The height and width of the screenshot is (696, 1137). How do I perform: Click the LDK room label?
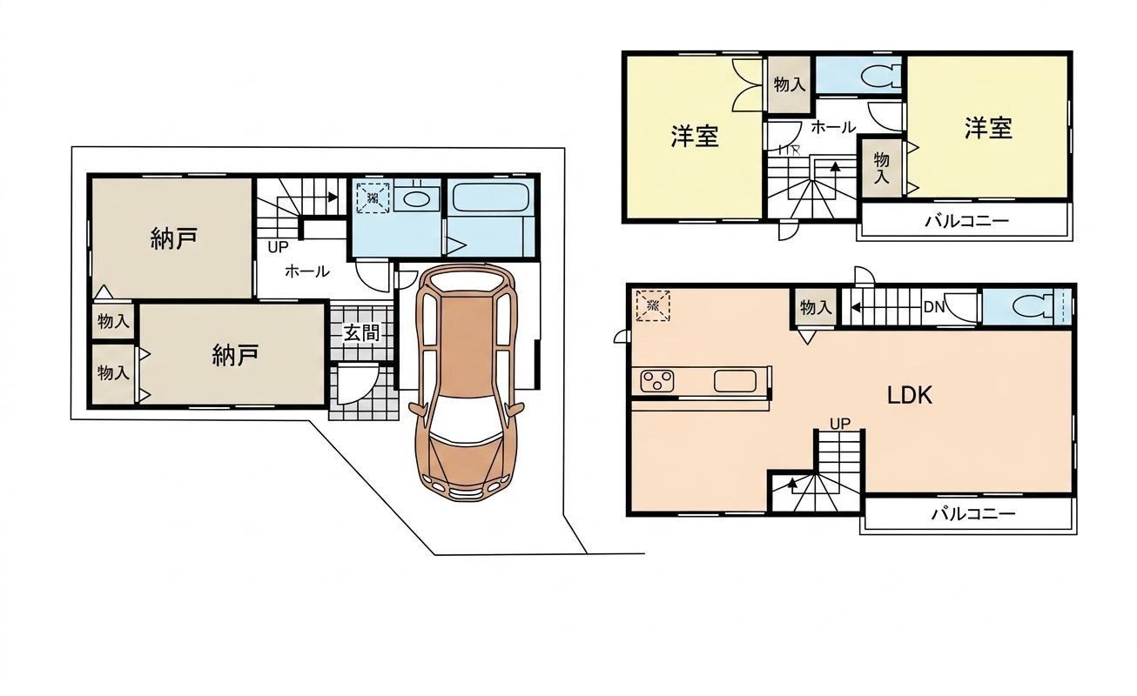[910, 395]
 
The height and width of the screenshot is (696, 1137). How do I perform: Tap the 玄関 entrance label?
[361, 333]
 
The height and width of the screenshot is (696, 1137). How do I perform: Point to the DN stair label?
[933, 307]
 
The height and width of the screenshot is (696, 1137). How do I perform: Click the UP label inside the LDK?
[840, 423]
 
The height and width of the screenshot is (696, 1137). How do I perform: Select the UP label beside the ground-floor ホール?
[278, 247]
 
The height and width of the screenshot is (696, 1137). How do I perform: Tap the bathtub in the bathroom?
[491, 197]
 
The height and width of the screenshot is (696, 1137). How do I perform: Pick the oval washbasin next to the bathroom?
[417, 199]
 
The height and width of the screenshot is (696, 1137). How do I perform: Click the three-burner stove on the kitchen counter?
[657, 381]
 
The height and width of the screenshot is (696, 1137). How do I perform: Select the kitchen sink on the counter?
[735, 381]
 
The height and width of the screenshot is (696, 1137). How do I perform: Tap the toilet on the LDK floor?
[1033, 306]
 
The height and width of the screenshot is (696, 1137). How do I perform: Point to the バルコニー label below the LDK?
[973, 514]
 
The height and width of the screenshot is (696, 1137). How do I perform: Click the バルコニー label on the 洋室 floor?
[966, 221]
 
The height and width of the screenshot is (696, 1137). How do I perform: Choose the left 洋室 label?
[695, 136]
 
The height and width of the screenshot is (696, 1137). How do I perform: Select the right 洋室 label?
[988, 128]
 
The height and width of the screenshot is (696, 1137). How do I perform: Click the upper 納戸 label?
[174, 238]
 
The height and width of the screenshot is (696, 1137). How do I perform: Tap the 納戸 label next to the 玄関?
[236, 355]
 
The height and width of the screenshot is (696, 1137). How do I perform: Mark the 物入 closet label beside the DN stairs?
[816, 307]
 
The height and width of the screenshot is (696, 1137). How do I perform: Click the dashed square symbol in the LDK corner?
[653, 305]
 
